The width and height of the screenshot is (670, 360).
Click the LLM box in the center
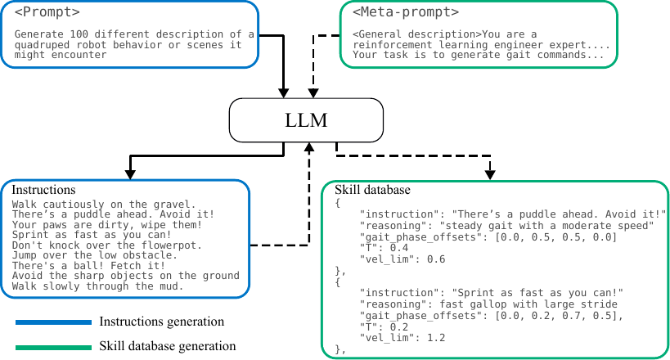point(308,120)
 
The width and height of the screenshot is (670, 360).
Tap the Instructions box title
point(43,190)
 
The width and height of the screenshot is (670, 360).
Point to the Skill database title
point(372,190)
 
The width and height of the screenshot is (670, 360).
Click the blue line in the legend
point(53,322)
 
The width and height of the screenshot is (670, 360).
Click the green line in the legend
point(53,346)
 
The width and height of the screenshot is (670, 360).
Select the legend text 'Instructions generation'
point(161,322)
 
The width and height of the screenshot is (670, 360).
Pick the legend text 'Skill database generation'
point(168,346)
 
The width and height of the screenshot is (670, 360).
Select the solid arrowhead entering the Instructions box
point(128,173)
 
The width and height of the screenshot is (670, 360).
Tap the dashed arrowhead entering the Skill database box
point(490,173)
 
